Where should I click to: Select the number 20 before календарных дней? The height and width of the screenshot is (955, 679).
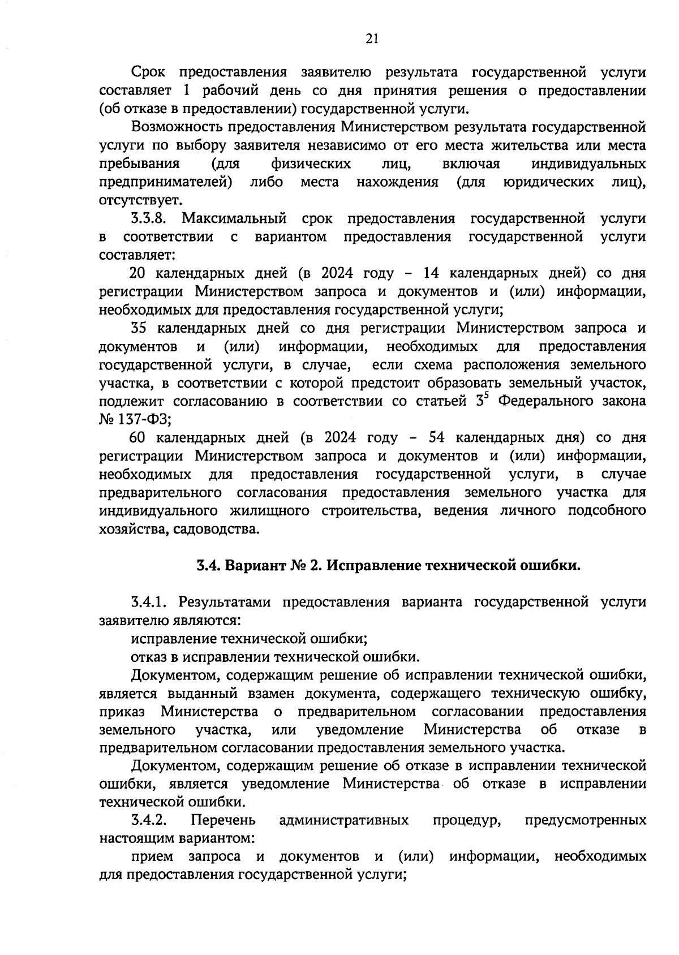tap(138, 273)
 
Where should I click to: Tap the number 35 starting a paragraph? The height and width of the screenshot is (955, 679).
tap(139, 328)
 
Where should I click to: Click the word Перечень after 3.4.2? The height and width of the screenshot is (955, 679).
tap(223, 820)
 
